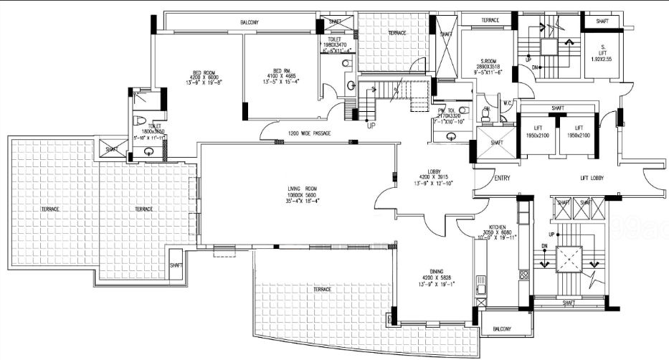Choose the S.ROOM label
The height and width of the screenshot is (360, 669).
490,62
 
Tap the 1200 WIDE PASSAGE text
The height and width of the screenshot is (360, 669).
310,133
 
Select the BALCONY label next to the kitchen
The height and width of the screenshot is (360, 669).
502,329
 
